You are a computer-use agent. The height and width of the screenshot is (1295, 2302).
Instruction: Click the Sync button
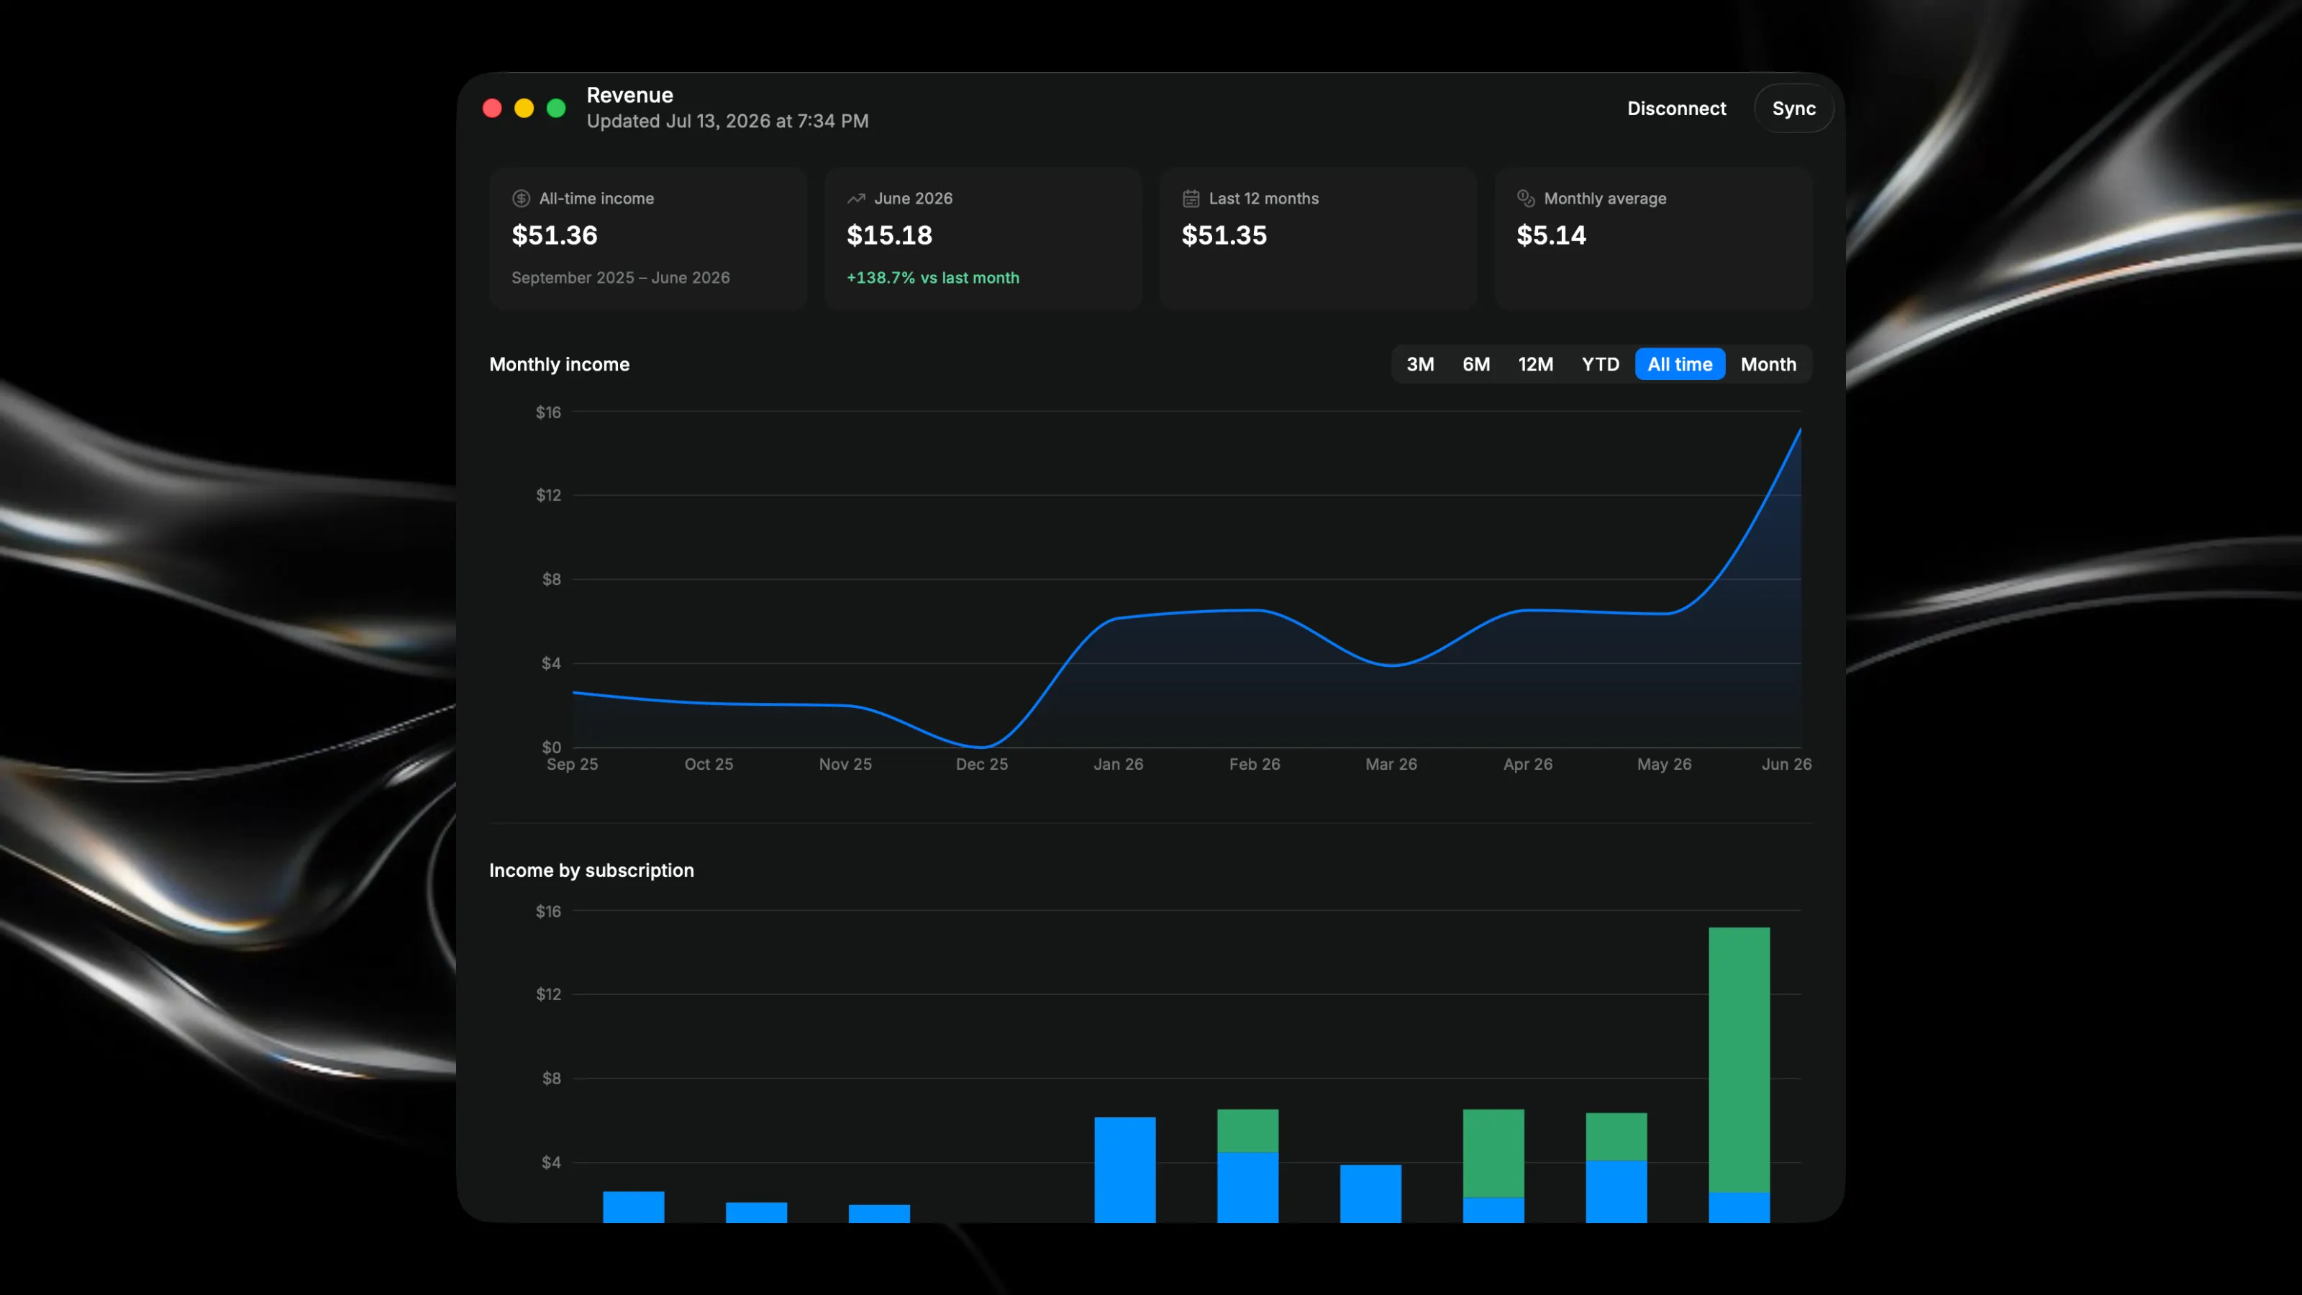point(1793,108)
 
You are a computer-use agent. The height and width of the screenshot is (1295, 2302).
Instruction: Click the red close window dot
point(492,108)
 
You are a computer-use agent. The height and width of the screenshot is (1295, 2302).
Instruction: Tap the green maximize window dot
point(556,108)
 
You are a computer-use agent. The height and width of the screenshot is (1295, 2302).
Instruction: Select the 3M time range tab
point(1420,364)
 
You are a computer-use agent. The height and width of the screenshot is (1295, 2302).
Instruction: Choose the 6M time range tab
point(1476,364)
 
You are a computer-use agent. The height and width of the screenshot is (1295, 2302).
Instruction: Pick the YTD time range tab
point(1601,364)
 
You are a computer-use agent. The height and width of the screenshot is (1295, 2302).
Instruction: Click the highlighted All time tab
point(1680,364)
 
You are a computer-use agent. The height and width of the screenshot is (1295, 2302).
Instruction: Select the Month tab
point(1768,364)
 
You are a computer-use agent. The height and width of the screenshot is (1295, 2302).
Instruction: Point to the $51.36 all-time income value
point(555,235)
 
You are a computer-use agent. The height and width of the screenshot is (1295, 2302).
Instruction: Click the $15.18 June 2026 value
point(889,235)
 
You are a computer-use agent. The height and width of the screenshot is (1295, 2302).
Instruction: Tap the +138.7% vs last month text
point(933,278)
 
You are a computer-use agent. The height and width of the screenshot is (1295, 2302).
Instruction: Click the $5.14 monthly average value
point(1552,235)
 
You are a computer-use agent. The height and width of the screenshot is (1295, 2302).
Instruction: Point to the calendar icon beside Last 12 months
point(1191,199)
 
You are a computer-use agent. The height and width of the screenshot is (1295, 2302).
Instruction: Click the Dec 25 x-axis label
point(982,764)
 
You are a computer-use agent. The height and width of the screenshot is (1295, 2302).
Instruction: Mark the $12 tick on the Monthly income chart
point(549,495)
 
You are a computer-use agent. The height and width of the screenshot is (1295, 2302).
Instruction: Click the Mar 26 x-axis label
point(1391,764)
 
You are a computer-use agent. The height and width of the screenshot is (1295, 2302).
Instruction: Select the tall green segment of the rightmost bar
point(1739,1060)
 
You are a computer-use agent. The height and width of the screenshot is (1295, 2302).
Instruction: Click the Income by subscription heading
point(591,871)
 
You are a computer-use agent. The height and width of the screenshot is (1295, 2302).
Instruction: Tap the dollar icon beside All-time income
point(521,199)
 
